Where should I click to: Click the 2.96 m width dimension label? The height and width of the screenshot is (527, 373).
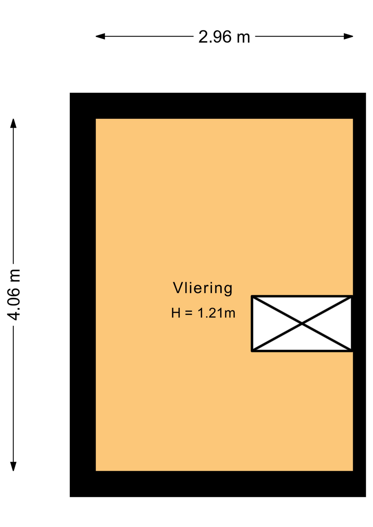224,37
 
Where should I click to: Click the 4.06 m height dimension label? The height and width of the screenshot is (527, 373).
14,295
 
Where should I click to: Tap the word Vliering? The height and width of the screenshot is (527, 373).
202,288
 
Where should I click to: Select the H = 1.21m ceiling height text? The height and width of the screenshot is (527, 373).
203,313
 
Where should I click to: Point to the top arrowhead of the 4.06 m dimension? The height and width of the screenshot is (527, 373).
13,123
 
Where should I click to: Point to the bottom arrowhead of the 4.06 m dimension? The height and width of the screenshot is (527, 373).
13,466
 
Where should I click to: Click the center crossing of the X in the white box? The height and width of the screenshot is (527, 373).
302,324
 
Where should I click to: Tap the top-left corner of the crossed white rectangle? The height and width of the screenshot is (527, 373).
252,296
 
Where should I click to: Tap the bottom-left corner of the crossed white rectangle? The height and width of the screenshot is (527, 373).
252,351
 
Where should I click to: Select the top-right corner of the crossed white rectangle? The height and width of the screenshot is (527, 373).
352,296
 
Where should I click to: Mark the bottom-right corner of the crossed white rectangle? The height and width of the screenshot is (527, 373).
352,351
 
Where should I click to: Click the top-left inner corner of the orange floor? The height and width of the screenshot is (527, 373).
96,119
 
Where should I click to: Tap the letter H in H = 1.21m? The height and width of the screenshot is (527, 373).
176,313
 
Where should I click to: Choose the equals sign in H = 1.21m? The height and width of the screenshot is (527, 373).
189,313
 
